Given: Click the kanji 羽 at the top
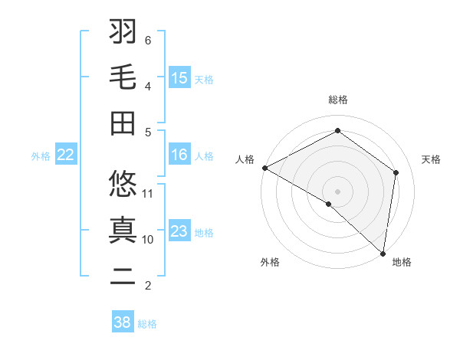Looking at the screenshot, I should (123, 32).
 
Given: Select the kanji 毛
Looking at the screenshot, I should (123, 77).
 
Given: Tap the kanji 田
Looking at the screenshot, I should (123, 123).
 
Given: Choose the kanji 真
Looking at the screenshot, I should (123, 230).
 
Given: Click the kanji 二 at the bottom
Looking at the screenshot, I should (123, 276).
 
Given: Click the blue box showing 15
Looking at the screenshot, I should (179, 77).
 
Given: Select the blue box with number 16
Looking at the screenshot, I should (179, 155).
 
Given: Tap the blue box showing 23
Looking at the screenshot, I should (179, 231).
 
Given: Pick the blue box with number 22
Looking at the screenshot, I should (66, 155).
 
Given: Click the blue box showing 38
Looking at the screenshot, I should (123, 322).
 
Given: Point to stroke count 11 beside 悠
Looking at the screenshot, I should (149, 193).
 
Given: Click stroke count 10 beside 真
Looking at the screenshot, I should (149, 239).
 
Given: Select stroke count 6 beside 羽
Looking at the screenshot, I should (148, 40).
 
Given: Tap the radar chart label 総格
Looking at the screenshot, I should (338, 100).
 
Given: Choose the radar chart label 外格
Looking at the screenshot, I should (270, 263).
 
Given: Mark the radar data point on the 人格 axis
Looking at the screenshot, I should (264, 168).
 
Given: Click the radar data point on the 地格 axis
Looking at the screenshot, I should (383, 253).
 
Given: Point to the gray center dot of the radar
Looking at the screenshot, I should (338, 191).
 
